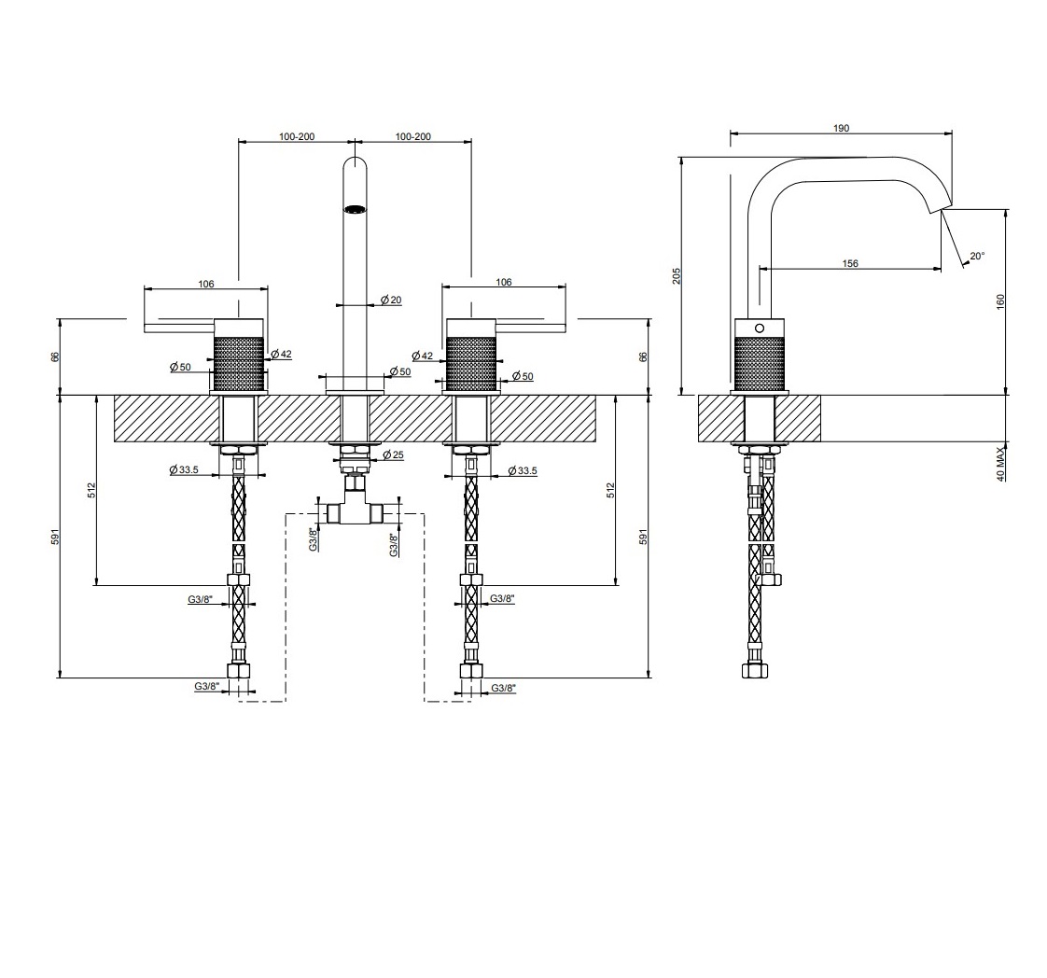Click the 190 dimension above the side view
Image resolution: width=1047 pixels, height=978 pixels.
[841, 128]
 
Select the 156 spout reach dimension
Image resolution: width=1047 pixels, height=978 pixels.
[849, 263]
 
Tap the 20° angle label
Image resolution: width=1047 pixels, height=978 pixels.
[977, 256]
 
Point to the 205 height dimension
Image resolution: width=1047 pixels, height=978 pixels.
[677, 275]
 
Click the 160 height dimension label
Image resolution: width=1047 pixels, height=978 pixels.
[999, 301]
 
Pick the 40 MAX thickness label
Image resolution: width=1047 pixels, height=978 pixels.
[999, 464]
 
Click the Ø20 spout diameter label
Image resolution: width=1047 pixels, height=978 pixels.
[391, 300]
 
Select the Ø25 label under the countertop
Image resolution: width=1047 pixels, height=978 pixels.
[393, 454]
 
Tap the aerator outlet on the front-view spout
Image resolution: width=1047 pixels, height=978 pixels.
[355, 209]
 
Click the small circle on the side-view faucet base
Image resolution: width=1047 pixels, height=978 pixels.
[760, 328]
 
